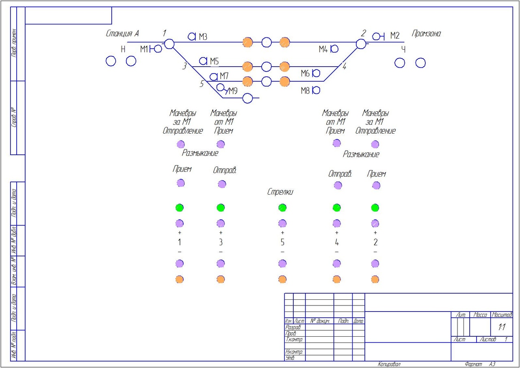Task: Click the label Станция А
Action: click(122, 33)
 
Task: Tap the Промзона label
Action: click(426, 34)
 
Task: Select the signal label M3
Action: click(203, 37)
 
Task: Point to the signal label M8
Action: click(305, 91)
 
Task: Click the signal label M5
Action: click(214, 61)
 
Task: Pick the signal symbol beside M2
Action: click(378, 37)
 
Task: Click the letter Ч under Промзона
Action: click(403, 50)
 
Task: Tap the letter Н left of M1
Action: click(123, 50)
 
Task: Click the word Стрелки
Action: click(280, 192)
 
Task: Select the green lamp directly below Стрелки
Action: click(282, 208)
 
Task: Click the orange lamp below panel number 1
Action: click(180, 279)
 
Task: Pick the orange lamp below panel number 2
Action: click(375, 279)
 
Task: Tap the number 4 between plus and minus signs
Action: click(336, 242)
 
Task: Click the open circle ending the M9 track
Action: click(248, 98)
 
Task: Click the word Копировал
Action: click(389, 364)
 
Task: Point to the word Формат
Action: click(474, 364)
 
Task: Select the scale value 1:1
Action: click(502, 327)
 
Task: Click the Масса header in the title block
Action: click(480, 315)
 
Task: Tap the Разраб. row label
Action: click(293, 327)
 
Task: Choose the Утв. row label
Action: click(290, 358)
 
